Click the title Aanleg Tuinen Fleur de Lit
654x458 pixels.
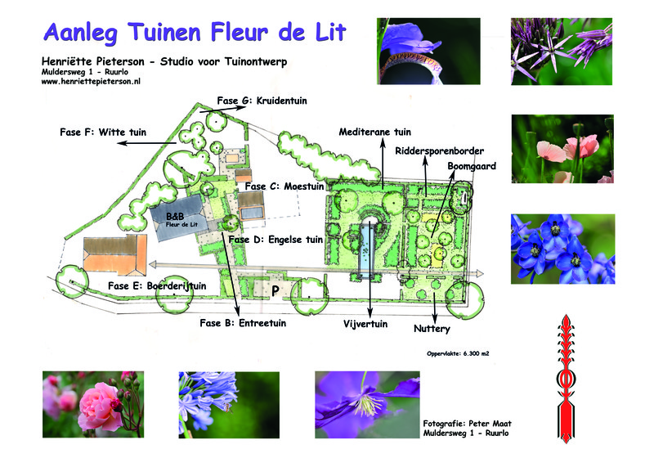point(195,32)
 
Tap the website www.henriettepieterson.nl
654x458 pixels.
point(91,83)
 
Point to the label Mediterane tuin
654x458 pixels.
point(374,131)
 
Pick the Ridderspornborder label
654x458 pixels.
point(439,151)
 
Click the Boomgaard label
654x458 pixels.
point(472,166)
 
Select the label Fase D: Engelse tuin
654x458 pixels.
point(275,240)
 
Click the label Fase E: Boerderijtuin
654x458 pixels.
point(157,285)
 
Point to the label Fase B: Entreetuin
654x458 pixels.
point(242,323)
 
